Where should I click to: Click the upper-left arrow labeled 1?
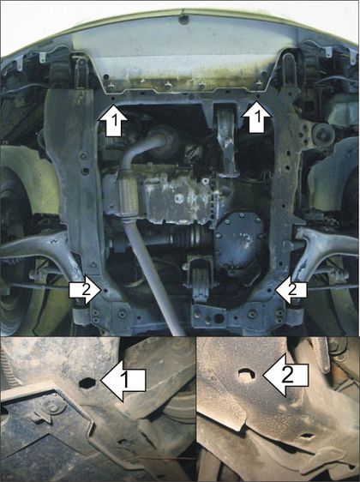[x=113, y=120]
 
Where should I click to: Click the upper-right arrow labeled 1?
[x=257, y=118]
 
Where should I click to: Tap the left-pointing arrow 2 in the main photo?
[x=291, y=290]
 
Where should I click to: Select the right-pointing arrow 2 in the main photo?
[x=85, y=290]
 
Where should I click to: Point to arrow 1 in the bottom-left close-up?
[x=123, y=381]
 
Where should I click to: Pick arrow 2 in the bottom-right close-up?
[x=286, y=375]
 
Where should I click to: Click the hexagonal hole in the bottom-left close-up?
[x=87, y=383]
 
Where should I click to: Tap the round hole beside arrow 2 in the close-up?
[x=247, y=375]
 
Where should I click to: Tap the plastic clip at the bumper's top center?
[x=183, y=19]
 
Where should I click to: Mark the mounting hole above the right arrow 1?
[x=258, y=96]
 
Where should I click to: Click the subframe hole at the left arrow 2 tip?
[x=106, y=290]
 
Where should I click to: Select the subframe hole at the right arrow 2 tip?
[x=270, y=290]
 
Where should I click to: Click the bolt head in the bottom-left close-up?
[x=54, y=408]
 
